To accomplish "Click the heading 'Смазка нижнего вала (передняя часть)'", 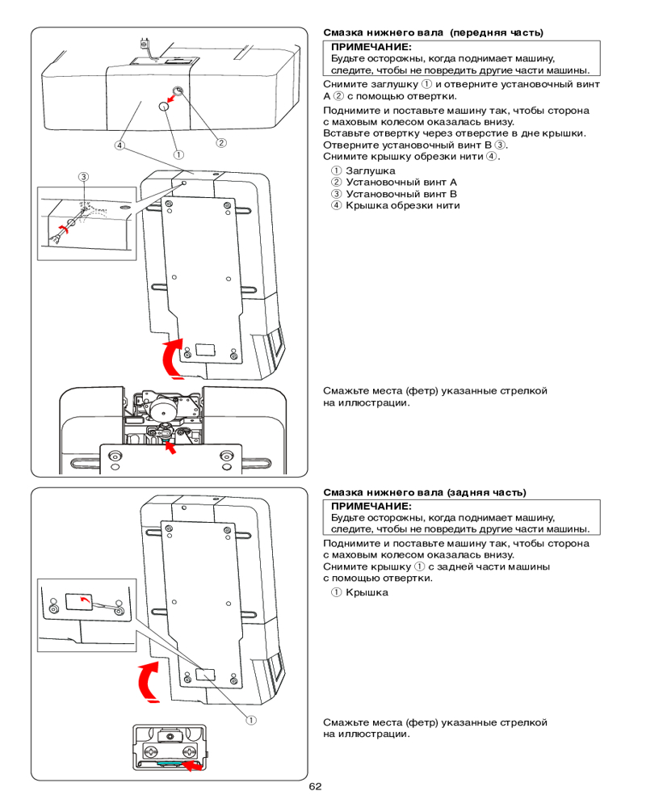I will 433,33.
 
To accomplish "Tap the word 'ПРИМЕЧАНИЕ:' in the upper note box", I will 365,48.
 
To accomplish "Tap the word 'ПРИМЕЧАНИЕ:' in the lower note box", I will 365,506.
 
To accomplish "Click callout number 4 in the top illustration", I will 120,146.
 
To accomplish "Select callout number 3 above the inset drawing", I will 82,177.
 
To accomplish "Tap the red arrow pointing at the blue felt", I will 191,766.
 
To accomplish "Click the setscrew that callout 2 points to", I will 177,90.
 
